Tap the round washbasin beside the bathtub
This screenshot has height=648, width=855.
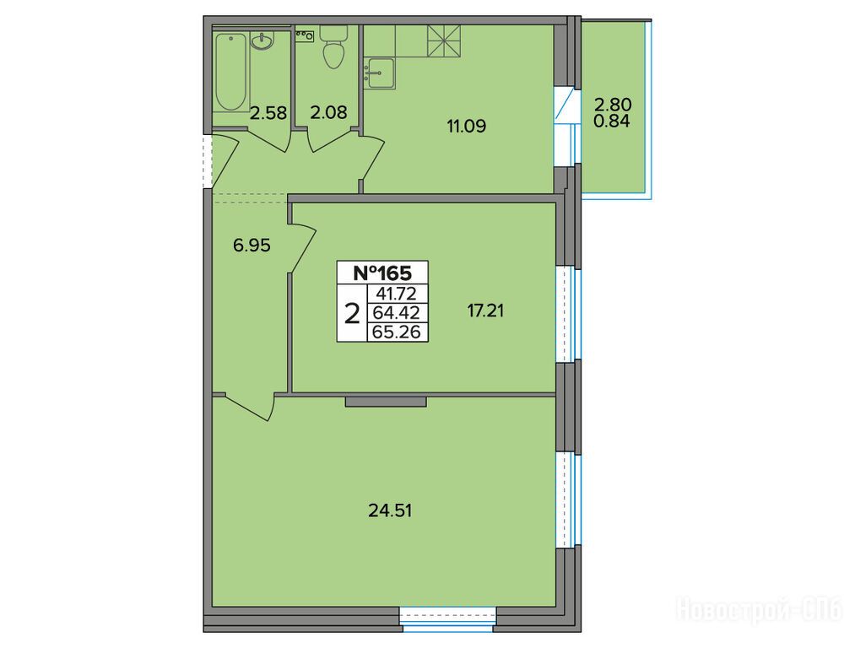coord(262,41)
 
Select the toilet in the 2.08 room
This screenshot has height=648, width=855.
coord(333,47)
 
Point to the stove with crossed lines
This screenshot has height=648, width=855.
coord(444,40)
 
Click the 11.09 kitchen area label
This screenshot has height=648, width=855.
coord(466,127)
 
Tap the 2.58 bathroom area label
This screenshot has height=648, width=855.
coord(268,113)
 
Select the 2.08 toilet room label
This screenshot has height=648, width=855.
coord(328,112)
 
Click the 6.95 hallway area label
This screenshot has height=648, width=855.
coord(252,246)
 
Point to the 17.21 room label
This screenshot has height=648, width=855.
coord(485,310)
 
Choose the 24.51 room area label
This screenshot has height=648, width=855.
coord(390,510)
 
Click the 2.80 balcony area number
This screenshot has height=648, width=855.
coord(613,104)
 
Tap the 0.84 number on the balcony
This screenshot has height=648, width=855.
coord(612,121)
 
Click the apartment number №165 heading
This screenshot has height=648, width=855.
coord(382,273)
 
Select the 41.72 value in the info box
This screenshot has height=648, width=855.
coord(398,294)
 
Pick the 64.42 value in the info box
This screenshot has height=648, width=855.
coord(397,313)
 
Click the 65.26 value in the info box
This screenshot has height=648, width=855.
coord(397,332)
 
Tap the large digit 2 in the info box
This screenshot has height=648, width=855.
coord(353,314)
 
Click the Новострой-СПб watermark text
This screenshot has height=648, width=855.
coord(759,608)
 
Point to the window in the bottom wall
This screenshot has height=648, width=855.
coord(447,619)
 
